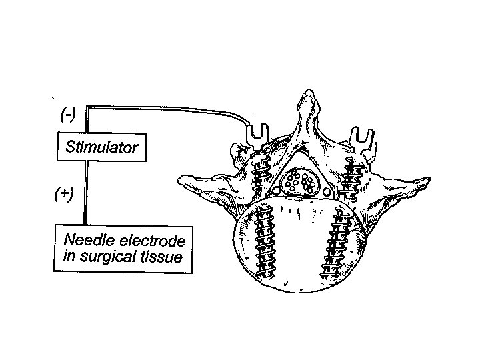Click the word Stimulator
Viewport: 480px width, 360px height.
tap(101, 147)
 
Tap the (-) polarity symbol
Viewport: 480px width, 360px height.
tap(67, 114)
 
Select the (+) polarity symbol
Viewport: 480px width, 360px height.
tap(64, 194)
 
